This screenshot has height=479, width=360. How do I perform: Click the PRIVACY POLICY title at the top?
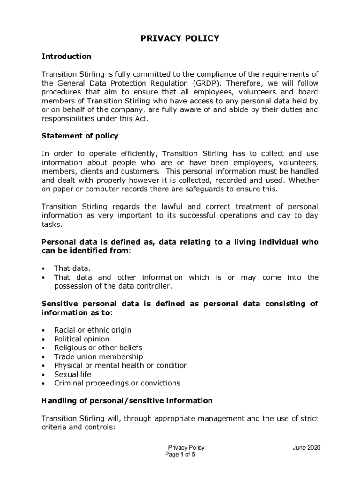[x=180, y=38]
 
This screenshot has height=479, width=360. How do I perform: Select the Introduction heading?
[x=66, y=57]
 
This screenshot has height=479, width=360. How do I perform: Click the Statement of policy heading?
[x=80, y=136]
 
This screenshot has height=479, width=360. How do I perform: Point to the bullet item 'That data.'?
[x=72, y=269]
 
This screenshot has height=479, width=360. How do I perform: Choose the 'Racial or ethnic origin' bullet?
[x=93, y=330]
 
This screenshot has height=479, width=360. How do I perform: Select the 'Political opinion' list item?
[x=82, y=339]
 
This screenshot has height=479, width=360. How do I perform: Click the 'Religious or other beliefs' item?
[x=98, y=348]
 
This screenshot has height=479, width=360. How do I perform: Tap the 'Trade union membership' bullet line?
[x=98, y=357]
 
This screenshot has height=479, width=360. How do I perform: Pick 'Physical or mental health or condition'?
[x=121, y=365]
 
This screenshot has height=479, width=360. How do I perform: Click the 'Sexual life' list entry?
[x=73, y=374]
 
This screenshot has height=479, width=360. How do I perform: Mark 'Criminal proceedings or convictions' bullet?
[x=117, y=383]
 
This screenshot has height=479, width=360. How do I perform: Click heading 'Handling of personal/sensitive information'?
[x=127, y=401]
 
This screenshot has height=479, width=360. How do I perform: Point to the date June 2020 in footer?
[x=307, y=448]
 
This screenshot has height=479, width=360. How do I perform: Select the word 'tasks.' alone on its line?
[x=51, y=225]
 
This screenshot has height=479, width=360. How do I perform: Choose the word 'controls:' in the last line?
[x=99, y=427]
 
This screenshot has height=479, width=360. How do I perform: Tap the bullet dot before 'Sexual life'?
[x=43, y=375]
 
